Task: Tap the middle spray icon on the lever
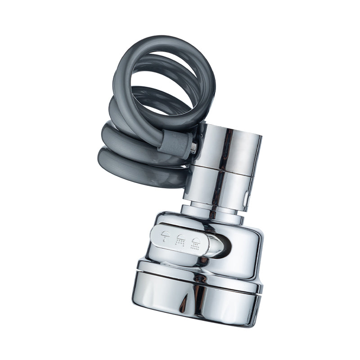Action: [181, 240]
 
